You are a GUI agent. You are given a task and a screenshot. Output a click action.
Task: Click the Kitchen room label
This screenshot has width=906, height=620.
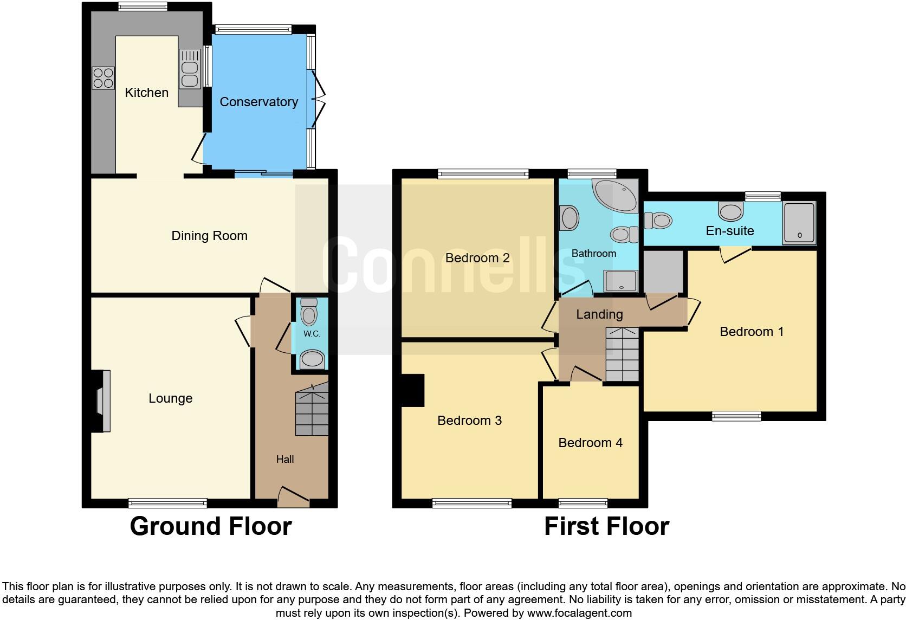pyautogui.click(x=146, y=93)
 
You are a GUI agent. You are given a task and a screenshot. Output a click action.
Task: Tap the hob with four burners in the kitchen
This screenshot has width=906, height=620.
pyautogui.click(x=103, y=77)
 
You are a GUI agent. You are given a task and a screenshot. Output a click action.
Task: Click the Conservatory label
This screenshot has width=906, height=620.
pyautogui.click(x=258, y=102)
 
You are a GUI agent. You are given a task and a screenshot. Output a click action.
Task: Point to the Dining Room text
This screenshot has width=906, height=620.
pyautogui.click(x=209, y=236)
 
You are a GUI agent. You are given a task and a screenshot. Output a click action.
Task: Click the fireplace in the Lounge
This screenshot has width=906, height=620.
pyautogui.click(x=101, y=401)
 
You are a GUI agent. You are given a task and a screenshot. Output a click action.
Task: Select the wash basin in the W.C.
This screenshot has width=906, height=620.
pyautogui.click(x=312, y=359)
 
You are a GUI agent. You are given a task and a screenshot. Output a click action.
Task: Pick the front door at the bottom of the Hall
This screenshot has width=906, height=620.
pyautogui.click(x=293, y=497)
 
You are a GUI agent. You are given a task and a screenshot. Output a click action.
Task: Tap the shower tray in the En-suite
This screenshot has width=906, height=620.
pyautogui.click(x=799, y=223)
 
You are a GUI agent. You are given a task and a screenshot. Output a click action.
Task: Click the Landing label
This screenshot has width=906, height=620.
pyautogui.click(x=599, y=314)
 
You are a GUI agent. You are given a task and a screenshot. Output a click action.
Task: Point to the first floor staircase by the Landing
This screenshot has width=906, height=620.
pyautogui.click(x=622, y=354)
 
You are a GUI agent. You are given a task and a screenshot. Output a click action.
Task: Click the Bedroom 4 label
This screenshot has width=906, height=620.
pyautogui.click(x=590, y=443)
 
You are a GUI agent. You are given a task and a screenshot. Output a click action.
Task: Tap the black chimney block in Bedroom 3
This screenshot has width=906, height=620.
pyautogui.click(x=412, y=390)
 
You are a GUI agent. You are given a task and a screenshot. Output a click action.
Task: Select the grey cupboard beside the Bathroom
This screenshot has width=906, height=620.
pyautogui.click(x=662, y=272)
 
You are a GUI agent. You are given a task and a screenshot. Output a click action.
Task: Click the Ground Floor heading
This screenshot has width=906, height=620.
pyautogui.click(x=210, y=526)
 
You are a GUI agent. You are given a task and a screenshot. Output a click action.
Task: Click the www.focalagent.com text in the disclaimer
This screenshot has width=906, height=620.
pyautogui.click(x=579, y=613)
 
